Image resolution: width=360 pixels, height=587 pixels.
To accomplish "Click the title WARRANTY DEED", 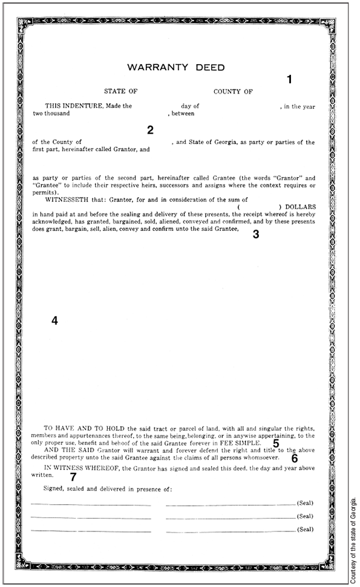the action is tap(175, 67).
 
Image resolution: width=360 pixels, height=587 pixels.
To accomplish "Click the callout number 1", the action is tap(289, 79).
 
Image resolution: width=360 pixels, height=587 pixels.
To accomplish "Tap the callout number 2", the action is tap(150, 130).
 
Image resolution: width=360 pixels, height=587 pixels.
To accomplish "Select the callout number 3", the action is tap(255, 235).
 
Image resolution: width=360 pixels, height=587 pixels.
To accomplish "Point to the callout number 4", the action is tap(54, 321).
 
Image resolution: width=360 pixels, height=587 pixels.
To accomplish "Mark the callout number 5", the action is tap(276, 443).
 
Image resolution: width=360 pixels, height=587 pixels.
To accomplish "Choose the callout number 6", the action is tap(295, 458).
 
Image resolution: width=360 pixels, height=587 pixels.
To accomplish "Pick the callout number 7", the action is tap(73, 476).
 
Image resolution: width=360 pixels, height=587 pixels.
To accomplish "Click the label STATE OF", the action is tap(121, 92).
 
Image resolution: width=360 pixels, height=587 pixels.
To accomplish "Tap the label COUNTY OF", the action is tap(233, 92).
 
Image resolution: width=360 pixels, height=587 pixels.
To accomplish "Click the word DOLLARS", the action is tap(300, 207).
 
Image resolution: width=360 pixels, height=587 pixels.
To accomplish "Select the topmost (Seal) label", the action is tap(305, 503).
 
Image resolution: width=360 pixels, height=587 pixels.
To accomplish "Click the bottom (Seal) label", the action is tap(305, 530).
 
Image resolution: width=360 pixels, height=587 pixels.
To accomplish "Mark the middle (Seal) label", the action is tap(305, 516).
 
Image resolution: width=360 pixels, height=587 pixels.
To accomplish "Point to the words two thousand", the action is tap(51, 114).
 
